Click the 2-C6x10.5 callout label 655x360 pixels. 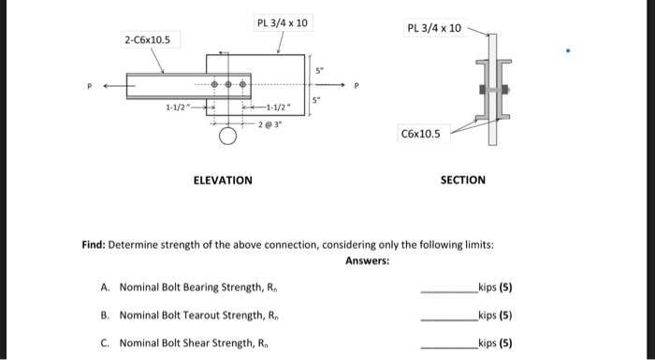click(146, 39)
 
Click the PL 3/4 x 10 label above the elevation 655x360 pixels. click(282, 22)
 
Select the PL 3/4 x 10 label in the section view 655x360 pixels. click(434, 28)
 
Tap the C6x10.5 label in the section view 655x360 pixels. click(421, 135)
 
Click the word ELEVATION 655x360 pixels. click(222, 180)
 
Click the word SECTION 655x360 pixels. click(463, 180)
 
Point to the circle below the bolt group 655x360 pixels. click(227, 138)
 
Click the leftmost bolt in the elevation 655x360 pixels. click(213, 85)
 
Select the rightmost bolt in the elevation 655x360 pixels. click(244, 85)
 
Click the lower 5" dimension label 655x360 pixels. click(318, 100)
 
